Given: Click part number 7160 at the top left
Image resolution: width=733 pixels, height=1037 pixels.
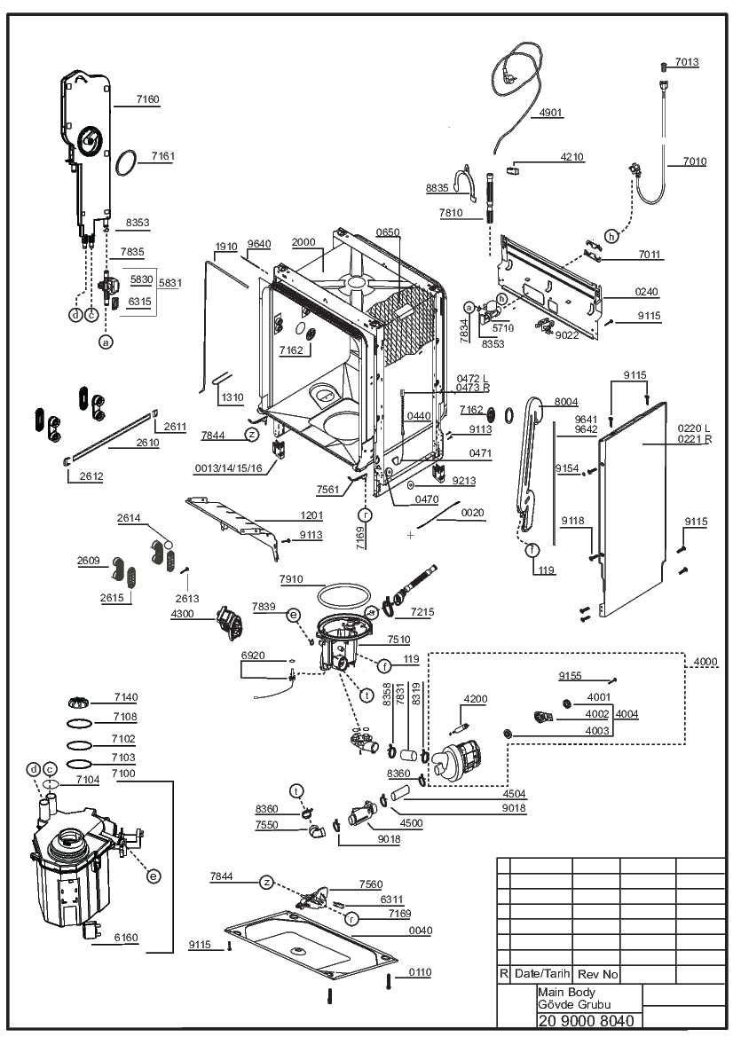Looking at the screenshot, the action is click(147, 99).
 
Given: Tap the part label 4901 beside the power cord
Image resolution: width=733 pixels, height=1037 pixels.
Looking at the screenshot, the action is click(550, 113).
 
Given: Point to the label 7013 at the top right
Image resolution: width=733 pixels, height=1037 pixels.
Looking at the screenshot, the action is click(687, 62).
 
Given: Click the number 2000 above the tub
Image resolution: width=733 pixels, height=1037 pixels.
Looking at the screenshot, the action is click(303, 242).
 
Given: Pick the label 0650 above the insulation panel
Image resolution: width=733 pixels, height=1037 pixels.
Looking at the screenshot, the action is click(388, 232).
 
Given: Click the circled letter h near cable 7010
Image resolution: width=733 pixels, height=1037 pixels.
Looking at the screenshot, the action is click(611, 236).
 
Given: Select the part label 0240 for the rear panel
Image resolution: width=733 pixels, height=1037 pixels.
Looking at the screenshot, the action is click(646, 292).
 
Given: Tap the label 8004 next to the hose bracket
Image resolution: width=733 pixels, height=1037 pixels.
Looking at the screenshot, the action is click(566, 402).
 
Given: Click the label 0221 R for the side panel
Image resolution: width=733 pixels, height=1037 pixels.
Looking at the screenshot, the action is click(695, 439).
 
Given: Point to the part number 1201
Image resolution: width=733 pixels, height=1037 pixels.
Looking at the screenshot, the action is click(311, 515).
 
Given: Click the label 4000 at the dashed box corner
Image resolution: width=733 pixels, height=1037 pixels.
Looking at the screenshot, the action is click(705, 662).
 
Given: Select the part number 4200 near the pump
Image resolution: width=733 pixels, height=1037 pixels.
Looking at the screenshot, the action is click(476, 699).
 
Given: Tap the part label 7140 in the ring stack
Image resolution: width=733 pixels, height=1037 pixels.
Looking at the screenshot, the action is click(126, 697).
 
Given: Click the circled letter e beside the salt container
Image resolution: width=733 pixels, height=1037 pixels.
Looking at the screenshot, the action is click(154, 876).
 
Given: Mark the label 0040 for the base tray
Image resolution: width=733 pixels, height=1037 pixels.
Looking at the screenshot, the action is click(420, 931).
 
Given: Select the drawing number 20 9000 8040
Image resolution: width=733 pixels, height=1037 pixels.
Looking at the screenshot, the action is click(587, 1021).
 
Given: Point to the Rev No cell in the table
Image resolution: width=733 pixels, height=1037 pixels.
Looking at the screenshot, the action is click(597, 974).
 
